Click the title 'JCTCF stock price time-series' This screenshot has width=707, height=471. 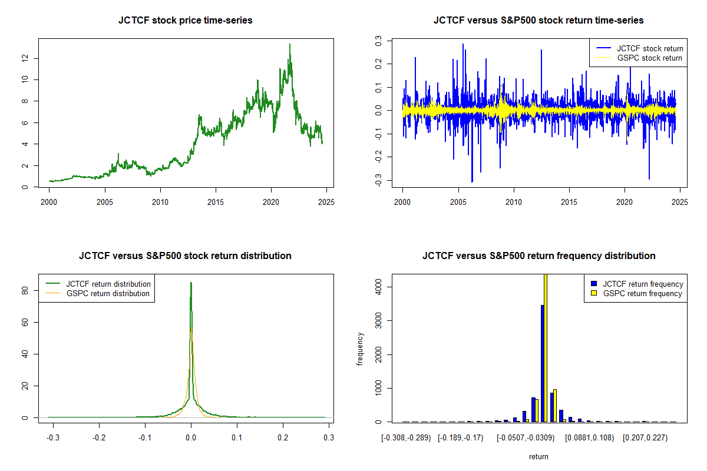click(185, 20)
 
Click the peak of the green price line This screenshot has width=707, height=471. click(290, 44)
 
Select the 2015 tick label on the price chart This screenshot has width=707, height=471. click(216, 202)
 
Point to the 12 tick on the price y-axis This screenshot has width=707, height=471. click(25, 58)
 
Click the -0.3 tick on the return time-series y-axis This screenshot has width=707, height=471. click(378, 180)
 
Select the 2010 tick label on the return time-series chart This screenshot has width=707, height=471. click(514, 202)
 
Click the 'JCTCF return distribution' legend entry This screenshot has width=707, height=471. click(98, 284)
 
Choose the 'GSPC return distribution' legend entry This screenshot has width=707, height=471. click(98, 293)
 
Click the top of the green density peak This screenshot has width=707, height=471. click(191, 283)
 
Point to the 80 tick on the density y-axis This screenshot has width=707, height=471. click(25, 290)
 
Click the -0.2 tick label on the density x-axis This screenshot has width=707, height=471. click(99, 437)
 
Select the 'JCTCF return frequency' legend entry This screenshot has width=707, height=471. click(637, 284)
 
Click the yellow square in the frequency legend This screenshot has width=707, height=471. click(594, 293)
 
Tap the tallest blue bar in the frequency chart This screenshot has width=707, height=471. click(543, 363)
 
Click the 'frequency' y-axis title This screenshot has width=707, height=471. click(360, 349)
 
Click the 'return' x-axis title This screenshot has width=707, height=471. click(538, 456)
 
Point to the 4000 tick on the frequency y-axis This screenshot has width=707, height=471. click(378, 287)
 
